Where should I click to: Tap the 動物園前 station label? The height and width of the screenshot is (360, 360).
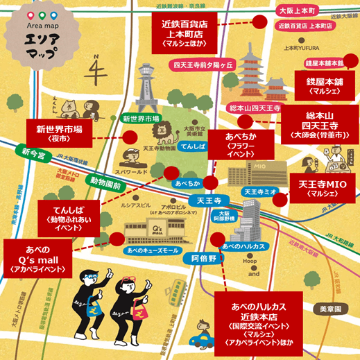105,184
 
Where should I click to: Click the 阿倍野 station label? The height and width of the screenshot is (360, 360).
205,258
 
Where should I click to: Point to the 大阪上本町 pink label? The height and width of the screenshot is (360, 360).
296,11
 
